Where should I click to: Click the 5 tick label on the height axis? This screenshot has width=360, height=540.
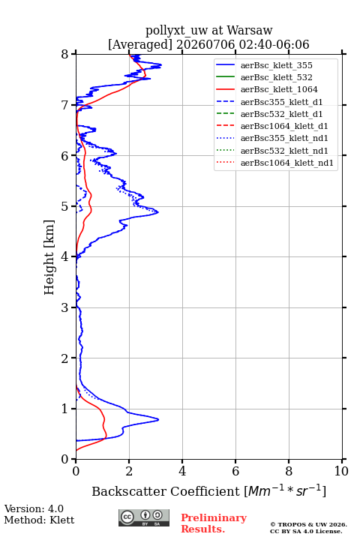(x=64, y=207)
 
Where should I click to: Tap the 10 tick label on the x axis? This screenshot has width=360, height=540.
(x=341, y=471)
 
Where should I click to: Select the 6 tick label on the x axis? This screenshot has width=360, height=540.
(x=235, y=471)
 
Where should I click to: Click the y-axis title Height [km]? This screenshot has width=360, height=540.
(x=49, y=257)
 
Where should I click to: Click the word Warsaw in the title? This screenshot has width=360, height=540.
(x=250, y=30)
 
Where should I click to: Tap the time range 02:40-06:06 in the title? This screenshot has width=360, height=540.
(x=272, y=44)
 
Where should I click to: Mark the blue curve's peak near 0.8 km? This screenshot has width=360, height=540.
(x=158, y=419)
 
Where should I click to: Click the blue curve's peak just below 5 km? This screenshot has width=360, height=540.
(x=158, y=212)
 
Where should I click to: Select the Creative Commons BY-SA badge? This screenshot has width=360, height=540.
(x=144, y=517)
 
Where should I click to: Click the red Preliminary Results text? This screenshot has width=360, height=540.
(x=214, y=523)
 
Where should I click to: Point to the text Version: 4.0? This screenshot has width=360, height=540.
(x=34, y=508)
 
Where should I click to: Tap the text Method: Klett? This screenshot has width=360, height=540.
(x=39, y=520)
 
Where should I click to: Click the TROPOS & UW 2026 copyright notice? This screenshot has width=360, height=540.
(x=308, y=524)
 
